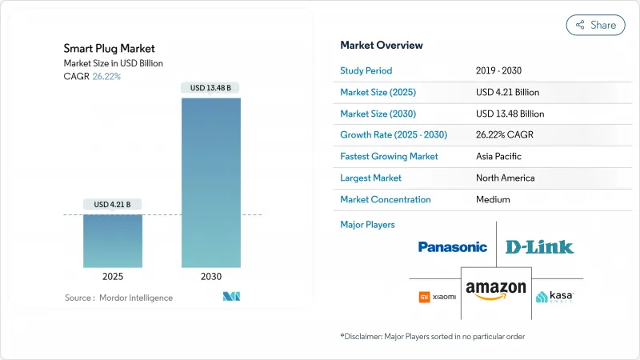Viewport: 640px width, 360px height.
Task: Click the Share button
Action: (x=595, y=25)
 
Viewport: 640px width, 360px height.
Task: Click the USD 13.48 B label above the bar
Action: (x=211, y=87)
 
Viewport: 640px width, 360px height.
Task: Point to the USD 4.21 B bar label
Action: (x=113, y=204)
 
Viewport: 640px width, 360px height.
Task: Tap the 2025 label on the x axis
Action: (x=113, y=276)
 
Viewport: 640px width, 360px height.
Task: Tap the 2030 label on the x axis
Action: (x=211, y=276)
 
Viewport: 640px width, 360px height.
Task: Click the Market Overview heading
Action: (x=382, y=46)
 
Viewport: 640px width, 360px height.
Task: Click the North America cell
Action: (x=505, y=178)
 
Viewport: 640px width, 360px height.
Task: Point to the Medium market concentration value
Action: (x=493, y=199)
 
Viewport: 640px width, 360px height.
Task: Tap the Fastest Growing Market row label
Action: (x=389, y=157)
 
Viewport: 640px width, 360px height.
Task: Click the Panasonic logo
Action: (x=453, y=247)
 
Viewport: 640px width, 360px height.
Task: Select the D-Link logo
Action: (x=539, y=247)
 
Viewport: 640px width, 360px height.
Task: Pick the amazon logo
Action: (x=496, y=290)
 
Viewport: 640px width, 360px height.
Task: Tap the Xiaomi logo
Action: (x=437, y=297)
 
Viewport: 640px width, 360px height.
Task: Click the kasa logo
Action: (x=554, y=297)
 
